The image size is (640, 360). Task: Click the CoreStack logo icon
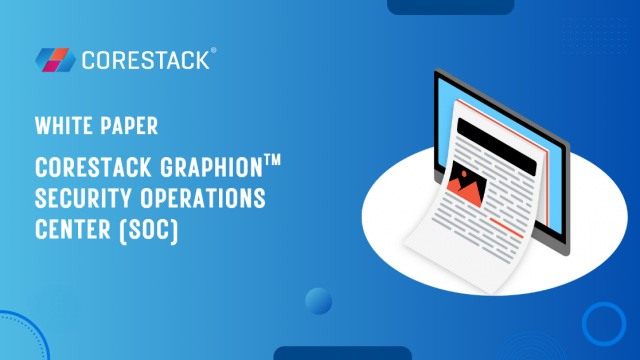point(54,59)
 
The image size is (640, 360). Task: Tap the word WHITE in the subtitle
point(63,127)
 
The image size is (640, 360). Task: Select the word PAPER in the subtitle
point(131,127)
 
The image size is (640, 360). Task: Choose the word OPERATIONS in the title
point(205,198)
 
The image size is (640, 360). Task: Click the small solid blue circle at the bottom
point(318,301)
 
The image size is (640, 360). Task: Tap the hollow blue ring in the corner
point(603,324)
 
